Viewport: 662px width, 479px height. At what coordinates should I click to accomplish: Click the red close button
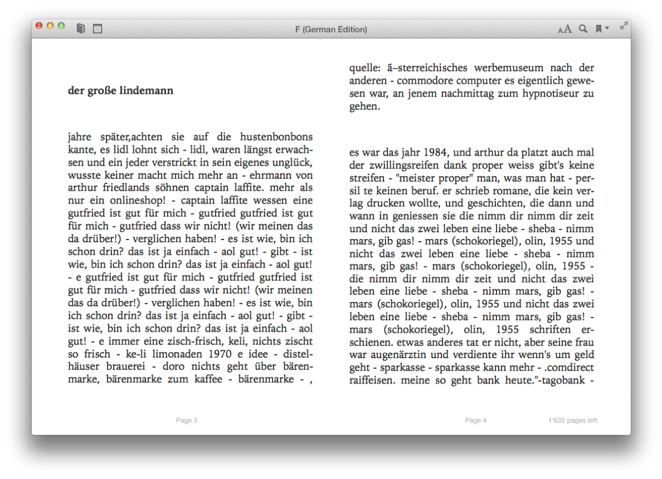pyautogui.click(x=39, y=26)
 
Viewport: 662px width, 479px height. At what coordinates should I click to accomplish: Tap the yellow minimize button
pyautogui.click(x=50, y=26)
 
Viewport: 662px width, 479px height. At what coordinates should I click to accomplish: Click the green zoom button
pyautogui.click(x=61, y=26)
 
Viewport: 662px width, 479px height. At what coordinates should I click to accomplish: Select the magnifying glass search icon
pyautogui.click(x=583, y=29)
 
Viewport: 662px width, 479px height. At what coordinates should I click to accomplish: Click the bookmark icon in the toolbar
pyautogui.click(x=599, y=29)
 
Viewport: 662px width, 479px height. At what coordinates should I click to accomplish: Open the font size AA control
pyautogui.click(x=564, y=29)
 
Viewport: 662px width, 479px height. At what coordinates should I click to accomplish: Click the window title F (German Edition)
pyautogui.click(x=331, y=29)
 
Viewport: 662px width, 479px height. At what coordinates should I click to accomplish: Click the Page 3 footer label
pyautogui.click(x=186, y=421)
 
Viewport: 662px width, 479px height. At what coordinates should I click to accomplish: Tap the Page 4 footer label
pyautogui.click(x=476, y=421)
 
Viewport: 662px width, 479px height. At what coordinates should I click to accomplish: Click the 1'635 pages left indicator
pyautogui.click(x=573, y=421)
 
